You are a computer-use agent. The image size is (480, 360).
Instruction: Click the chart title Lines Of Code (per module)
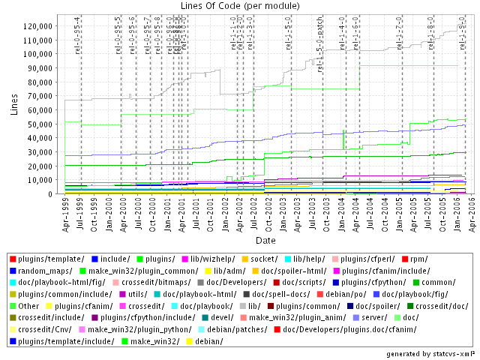click(239, 6)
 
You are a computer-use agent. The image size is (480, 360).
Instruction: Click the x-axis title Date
click(265, 240)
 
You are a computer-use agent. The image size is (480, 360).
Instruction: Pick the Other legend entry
click(29, 305)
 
